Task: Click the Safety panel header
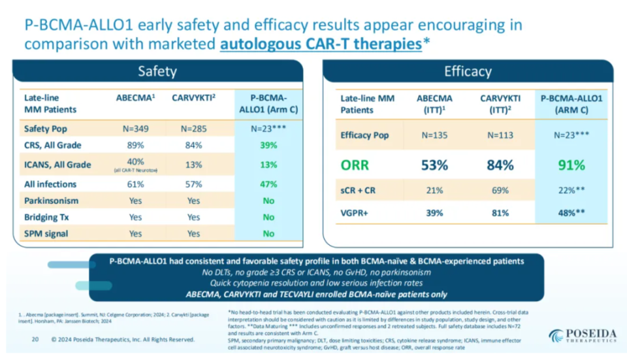tap(157, 71)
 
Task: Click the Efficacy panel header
tap(468, 71)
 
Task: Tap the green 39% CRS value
tap(268, 145)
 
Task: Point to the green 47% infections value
tap(268, 184)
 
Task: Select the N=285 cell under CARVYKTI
tap(193, 129)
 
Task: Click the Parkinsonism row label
tap(52, 201)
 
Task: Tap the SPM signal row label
tap(47, 233)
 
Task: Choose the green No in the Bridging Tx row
tap(268, 217)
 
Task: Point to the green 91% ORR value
tap(571, 165)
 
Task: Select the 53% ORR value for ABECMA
tap(434, 165)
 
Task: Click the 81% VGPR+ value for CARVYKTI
tap(499, 213)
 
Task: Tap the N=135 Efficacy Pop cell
tap(434, 136)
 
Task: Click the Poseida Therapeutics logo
tap(583, 335)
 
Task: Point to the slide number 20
tap(37, 339)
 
